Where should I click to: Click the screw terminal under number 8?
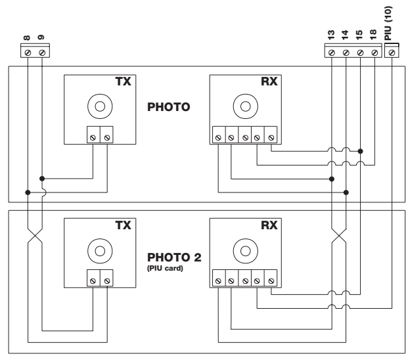[28, 53]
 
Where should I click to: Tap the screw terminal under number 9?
[42, 53]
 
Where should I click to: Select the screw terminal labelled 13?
[332, 53]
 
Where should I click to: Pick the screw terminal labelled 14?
[346, 53]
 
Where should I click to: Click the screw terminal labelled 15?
[360, 53]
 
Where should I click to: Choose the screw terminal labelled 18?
[374, 53]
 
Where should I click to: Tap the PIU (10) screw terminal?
[392, 53]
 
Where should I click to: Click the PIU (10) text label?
[388, 23]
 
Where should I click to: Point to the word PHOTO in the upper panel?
[169, 107]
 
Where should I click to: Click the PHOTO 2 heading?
[174, 258]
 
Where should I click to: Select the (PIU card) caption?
[165, 268]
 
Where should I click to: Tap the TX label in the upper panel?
[124, 81]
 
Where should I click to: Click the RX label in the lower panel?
[269, 225]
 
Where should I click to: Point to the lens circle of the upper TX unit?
[100, 106]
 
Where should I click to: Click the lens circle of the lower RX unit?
[246, 251]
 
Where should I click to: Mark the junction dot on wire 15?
[360, 151]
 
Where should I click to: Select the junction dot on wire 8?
[28, 192]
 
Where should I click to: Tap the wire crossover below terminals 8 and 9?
[35, 236]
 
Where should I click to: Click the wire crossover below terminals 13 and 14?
[339, 236]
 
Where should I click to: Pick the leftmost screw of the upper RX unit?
[219, 137]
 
